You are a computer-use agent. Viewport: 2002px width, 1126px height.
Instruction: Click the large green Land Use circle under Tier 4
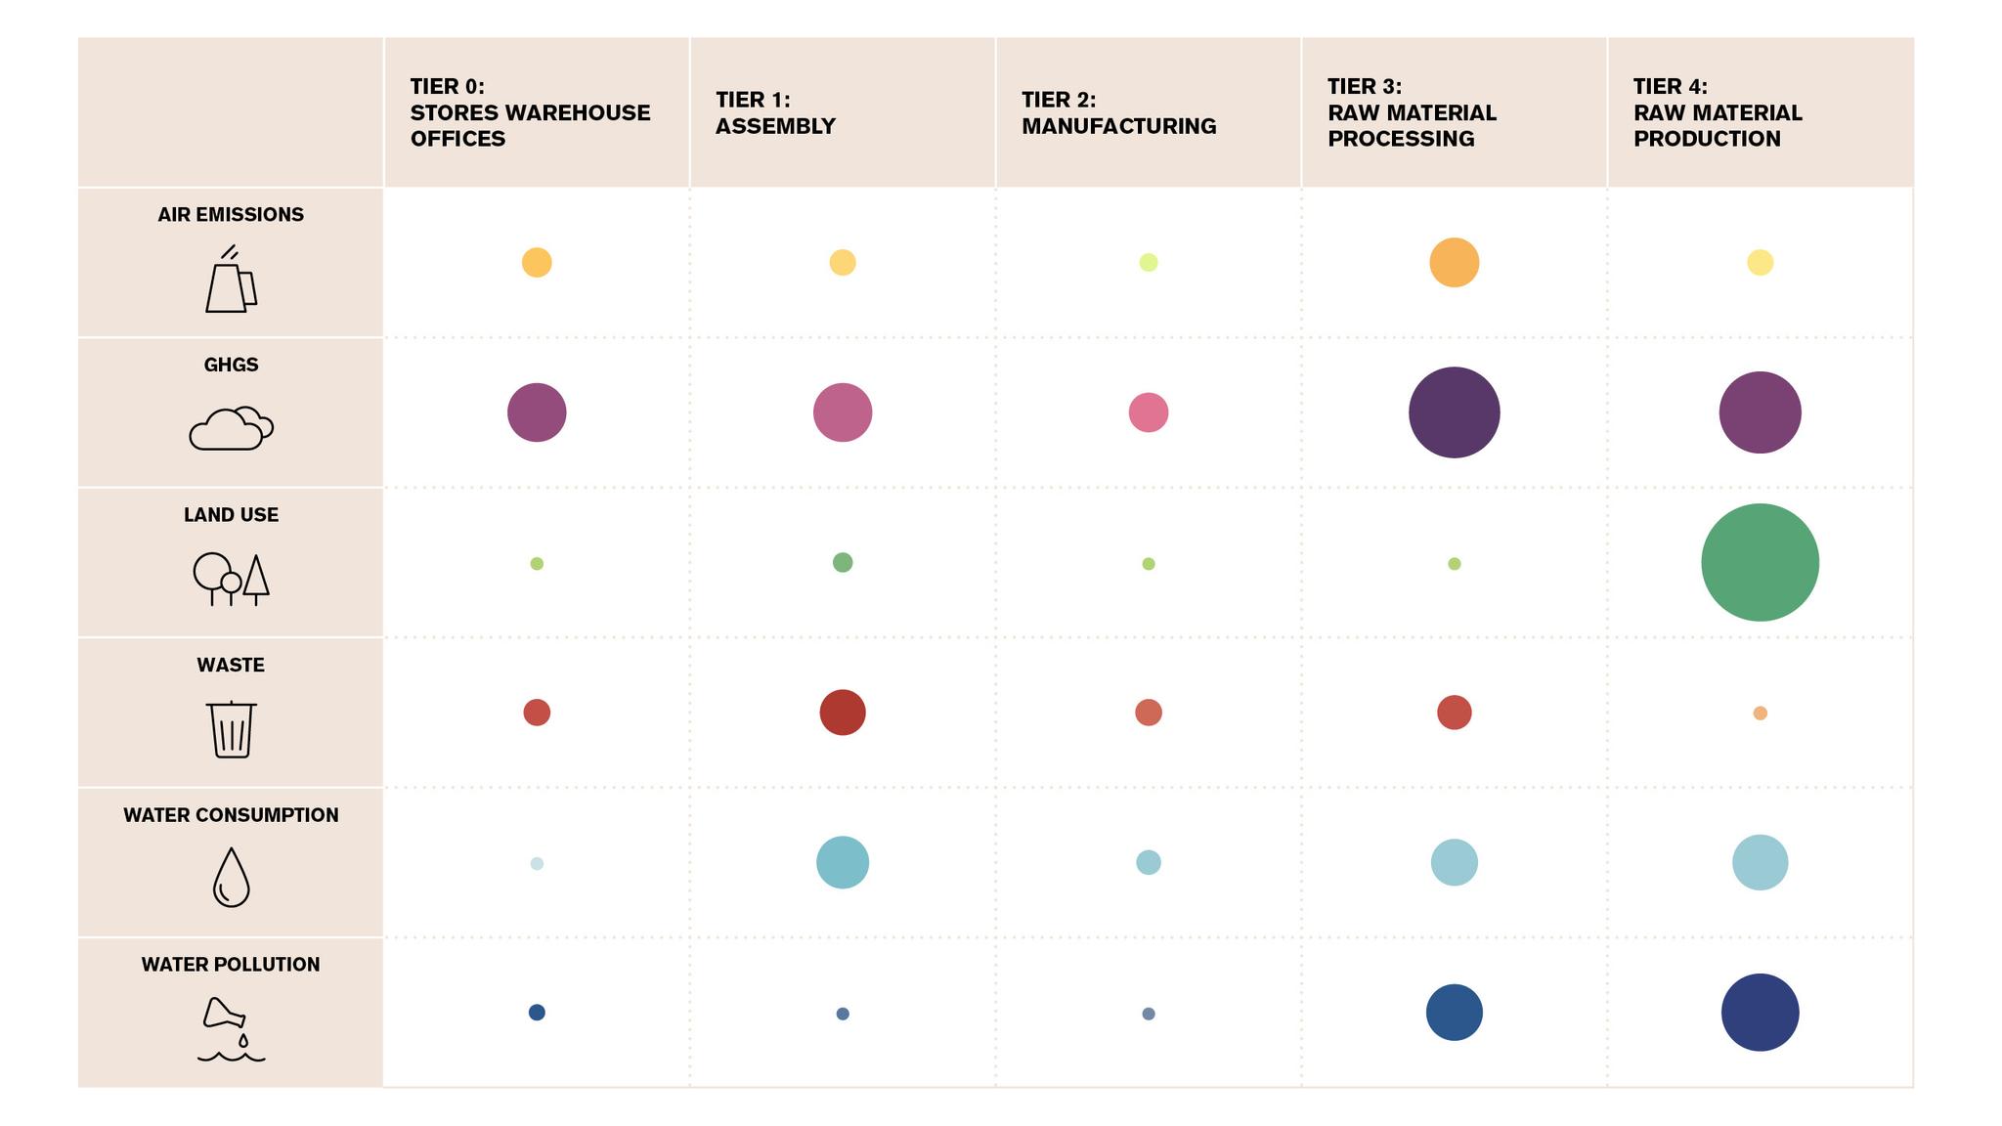[1760, 562]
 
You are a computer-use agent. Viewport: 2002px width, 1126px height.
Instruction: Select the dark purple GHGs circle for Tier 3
[1454, 412]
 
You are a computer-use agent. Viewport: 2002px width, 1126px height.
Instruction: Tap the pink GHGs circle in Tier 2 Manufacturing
[1148, 412]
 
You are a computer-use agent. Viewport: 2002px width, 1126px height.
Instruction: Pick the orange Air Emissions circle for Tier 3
[1454, 262]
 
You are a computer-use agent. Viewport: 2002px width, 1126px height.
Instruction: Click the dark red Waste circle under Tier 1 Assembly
[842, 712]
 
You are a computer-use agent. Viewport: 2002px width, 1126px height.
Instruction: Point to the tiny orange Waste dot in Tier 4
[1760, 713]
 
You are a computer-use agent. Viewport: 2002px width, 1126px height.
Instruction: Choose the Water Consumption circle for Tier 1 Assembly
[842, 862]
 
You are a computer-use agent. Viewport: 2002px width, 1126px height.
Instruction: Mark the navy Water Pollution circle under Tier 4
[1760, 1012]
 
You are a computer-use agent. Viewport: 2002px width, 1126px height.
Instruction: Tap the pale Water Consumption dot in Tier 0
[537, 863]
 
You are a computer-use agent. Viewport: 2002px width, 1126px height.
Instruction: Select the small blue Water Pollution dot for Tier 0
[537, 1012]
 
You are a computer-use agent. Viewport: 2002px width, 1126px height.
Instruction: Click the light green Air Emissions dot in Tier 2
[1148, 262]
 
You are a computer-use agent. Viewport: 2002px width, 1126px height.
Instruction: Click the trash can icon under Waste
[231, 729]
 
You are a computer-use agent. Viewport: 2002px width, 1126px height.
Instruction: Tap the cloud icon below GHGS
[231, 428]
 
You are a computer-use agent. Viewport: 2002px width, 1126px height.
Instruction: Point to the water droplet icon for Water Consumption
[231, 877]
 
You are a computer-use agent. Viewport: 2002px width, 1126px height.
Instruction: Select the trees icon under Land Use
[231, 579]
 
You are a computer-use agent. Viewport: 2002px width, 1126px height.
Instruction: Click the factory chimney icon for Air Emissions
[231, 281]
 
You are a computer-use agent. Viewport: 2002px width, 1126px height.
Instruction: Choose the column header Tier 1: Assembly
[774, 112]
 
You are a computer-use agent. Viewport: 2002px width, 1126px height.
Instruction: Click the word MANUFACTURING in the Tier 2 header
[1118, 126]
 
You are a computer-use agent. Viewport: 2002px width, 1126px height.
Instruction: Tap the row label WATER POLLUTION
[231, 965]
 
